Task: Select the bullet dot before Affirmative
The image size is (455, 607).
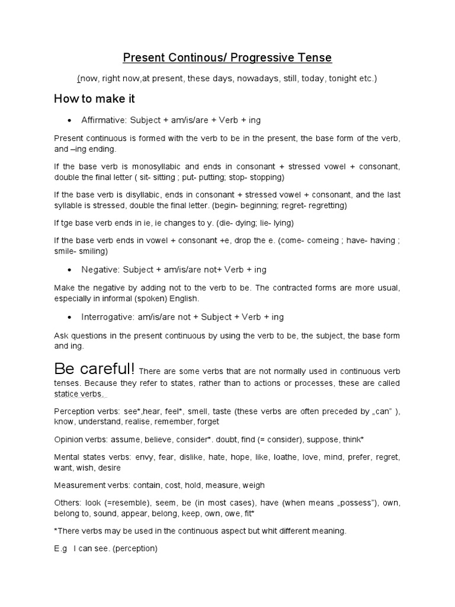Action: (70, 120)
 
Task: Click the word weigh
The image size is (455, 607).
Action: (253, 485)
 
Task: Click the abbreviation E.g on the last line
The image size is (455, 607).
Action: (60, 548)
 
